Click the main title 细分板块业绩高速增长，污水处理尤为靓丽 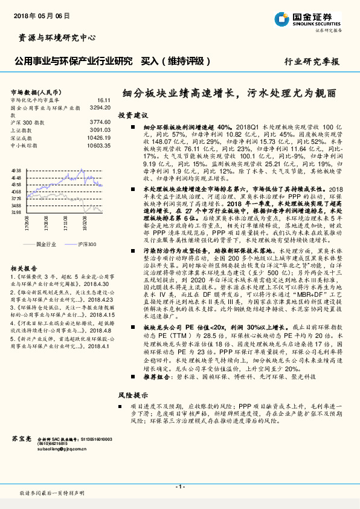pyautogui.click(x=229, y=94)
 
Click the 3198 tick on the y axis pyautogui.click(x=16, y=212)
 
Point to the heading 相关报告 pyautogui.click(x=24, y=268)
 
